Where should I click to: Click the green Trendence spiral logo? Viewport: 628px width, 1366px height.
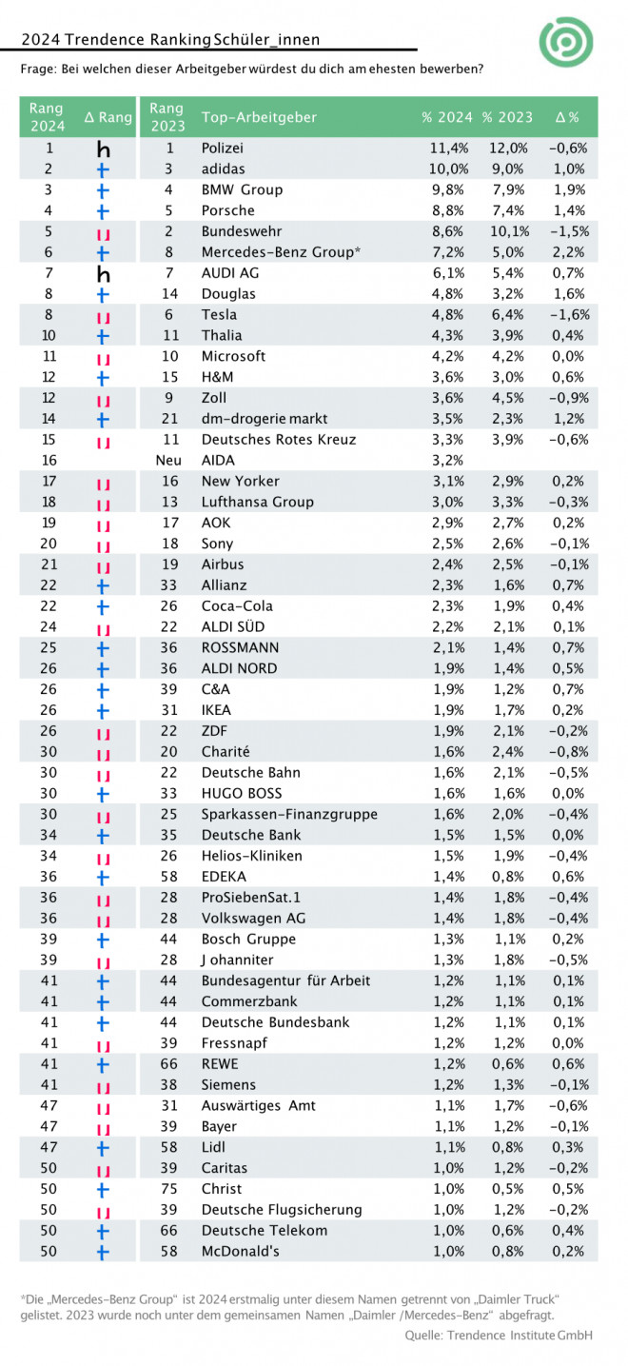tap(566, 42)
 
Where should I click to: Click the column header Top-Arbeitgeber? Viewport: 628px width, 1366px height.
tap(259, 117)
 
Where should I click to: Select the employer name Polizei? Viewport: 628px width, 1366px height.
tap(223, 148)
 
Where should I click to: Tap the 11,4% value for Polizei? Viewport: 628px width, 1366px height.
tap(449, 148)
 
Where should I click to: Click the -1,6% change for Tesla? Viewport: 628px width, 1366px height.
tap(569, 315)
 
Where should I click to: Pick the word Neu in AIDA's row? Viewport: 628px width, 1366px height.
tap(168, 461)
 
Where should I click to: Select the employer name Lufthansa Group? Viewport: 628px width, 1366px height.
tap(257, 502)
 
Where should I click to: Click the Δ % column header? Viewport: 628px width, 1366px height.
tap(567, 117)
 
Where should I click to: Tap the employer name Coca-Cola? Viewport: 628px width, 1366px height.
tap(237, 606)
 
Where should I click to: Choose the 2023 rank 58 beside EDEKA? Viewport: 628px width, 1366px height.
tap(168, 877)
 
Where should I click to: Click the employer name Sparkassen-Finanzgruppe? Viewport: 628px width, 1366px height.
tap(289, 814)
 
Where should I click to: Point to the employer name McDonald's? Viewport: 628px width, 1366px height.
tap(240, 1252)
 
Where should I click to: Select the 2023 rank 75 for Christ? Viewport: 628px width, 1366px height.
tap(168, 1189)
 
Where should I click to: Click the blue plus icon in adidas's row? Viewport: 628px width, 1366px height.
tap(103, 169)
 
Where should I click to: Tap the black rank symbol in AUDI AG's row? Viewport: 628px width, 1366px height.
tap(103, 274)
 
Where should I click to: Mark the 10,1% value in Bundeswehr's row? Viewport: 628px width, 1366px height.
tap(509, 231)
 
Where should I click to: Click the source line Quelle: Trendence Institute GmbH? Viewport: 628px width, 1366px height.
tap(499, 1336)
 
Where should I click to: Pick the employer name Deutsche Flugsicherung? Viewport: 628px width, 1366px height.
tap(282, 1210)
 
